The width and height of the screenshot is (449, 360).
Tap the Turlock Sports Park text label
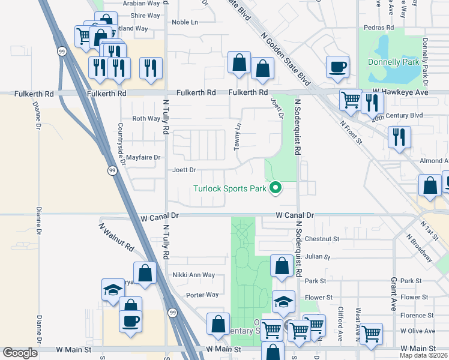coord(229,188)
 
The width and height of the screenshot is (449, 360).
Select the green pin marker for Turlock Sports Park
coord(276,188)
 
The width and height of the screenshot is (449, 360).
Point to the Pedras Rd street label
coord(379,28)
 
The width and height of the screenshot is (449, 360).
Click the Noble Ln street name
coord(184,22)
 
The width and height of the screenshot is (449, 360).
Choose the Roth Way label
coord(146,119)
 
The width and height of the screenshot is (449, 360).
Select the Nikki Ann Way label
coord(191,275)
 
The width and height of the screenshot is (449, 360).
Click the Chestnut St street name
coord(322,239)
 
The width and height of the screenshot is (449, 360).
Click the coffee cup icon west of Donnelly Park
coord(337,67)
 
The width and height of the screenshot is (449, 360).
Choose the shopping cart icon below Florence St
coord(372,334)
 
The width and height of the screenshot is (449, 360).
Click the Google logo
coord(20,352)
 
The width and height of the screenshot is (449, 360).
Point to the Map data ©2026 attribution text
coord(423,355)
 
